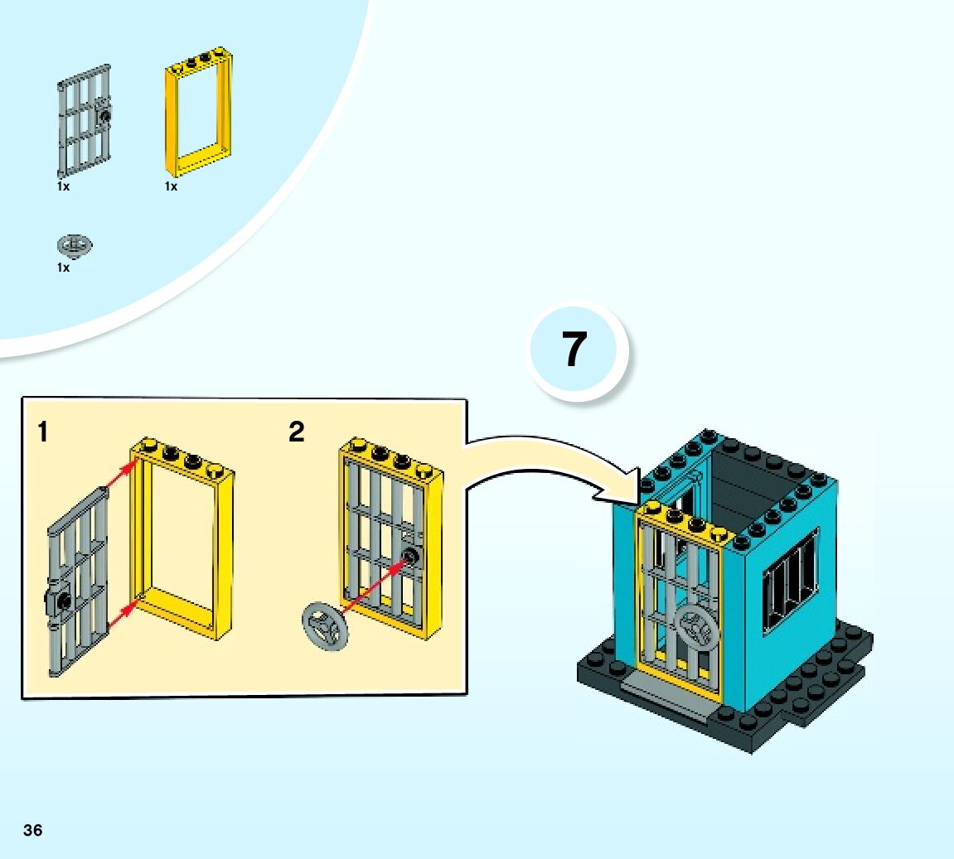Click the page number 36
pyautogui.click(x=33, y=830)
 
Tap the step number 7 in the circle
pyautogui.click(x=574, y=350)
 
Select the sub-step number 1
pyautogui.click(x=42, y=432)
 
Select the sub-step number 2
pyautogui.click(x=296, y=432)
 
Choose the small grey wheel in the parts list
pyautogui.click(x=74, y=245)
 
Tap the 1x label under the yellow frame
pyautogui.click(x=171, y=187)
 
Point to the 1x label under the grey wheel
pyautogui.click(x=64, y=268)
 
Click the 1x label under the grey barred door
pyautogui.click(x=64, y=187)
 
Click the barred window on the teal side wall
pyautogui.click(x=789, y=583)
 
